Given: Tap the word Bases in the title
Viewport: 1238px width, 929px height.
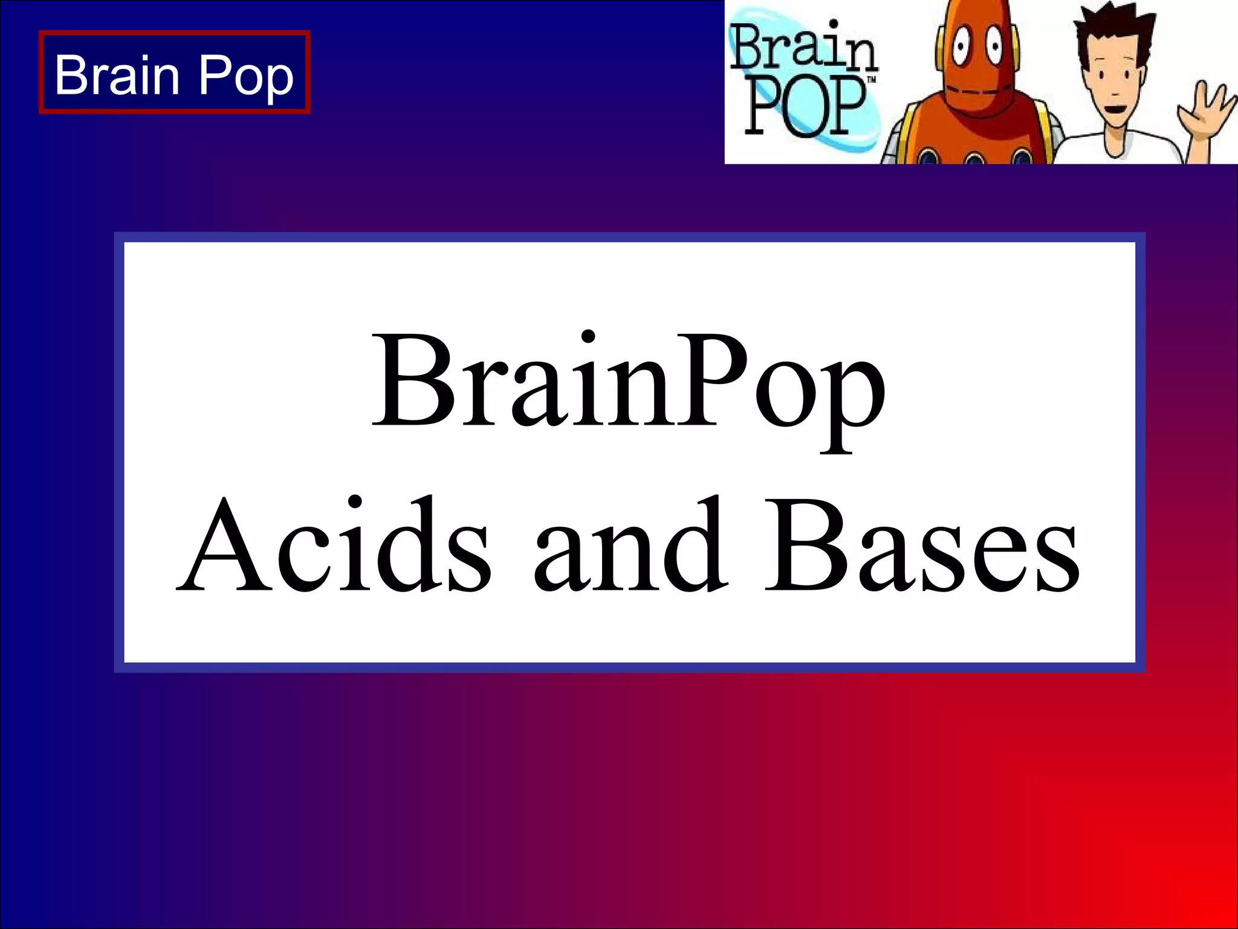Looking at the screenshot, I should pos(921,545).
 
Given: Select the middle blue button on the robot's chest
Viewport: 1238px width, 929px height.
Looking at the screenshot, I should pos(974,159).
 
